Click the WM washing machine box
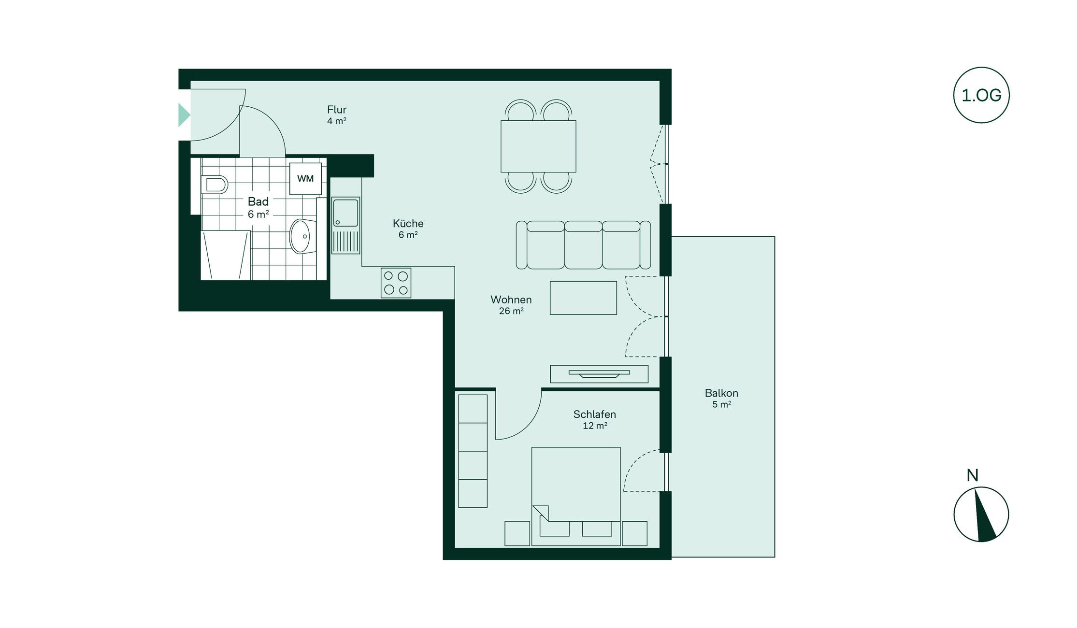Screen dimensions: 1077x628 click(x=305, y=179)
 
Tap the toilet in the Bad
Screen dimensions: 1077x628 click(x=215, y=185)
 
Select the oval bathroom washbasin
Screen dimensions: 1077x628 click(x=301, y=236)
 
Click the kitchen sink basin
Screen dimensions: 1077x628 click(x=345, y=213)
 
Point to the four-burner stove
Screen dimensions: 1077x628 click(x=396, y=283)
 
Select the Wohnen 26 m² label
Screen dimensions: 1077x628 click(x=511, y=305)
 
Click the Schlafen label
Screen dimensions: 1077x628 click(x=595, y=414)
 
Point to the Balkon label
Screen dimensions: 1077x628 click(x=721, y=393)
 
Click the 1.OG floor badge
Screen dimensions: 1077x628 click(x=981, y=95)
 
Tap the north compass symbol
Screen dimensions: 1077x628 click(x=981, y=514)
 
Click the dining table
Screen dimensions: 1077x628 click(x=538, y=146)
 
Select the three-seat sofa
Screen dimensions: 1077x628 click(x=583, y=245)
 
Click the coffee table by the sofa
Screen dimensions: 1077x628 click(x=583, y=298)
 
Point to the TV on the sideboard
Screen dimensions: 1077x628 click(x=599, y=373)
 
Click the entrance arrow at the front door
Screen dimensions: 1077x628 click(x=184, y=115)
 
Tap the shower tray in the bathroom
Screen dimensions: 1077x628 click(x=226, y=256)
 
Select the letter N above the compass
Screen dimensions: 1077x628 click(x=973, y=476)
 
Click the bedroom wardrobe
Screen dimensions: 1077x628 click(x=473, y=451)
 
